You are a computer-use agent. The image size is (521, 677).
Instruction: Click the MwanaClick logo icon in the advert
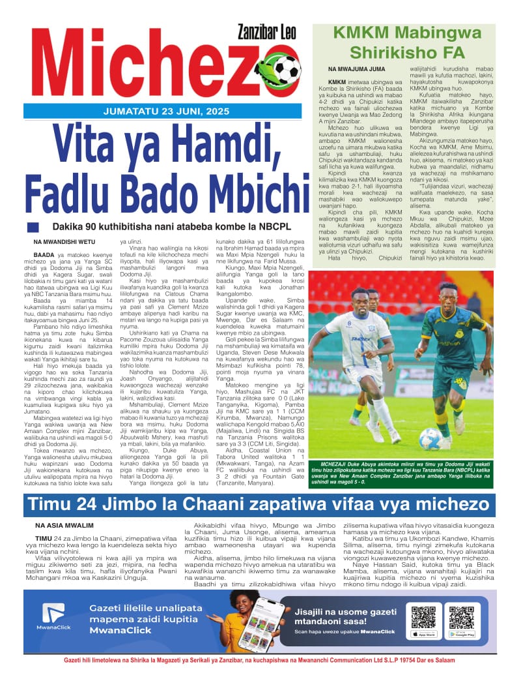pyautogui.click(x=53, y=613)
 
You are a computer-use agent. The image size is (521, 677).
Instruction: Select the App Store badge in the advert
pyautogui.click(x=423, y=633)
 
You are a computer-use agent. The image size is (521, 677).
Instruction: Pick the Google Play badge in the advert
pyautogui.click(x=462, y=633)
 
